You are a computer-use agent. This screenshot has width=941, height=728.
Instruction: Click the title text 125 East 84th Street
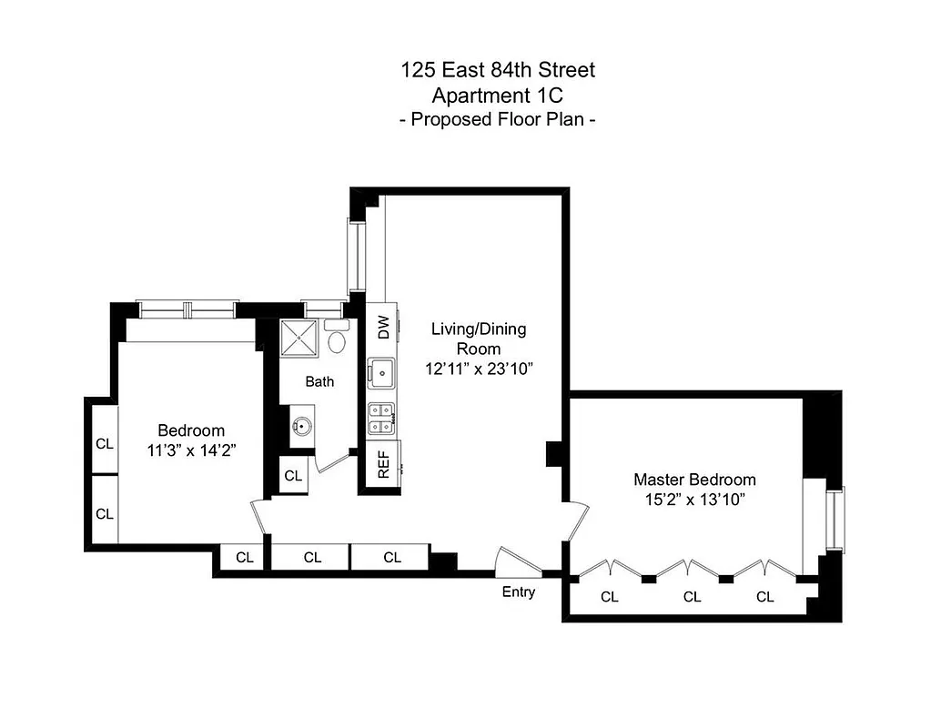pyautogui.click(x=498, y=69)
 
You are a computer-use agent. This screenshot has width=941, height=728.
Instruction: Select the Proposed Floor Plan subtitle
pyautogui.click(x=498, y=119)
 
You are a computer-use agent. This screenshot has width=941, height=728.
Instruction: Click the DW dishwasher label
pyautogui.click(x=383, y=326)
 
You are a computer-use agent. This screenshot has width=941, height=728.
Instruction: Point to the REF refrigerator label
pyautogui.click(x=384, y=465)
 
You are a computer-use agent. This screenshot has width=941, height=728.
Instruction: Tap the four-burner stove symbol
pyautogui.click(x=381, y=419)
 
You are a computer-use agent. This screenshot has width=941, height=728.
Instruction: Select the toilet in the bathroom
pyautogui.click(x=337, y=340)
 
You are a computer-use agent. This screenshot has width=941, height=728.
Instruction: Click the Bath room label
pyautogui.click(x=319, y=382)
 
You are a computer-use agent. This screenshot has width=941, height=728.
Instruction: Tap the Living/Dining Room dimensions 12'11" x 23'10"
pyautogui.click(x=478, y=369)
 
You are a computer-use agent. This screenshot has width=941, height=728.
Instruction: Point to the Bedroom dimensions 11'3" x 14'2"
pyautogui.click(x=191, y=450)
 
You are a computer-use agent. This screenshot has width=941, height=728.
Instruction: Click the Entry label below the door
pyautogui.click(x=519, y=592)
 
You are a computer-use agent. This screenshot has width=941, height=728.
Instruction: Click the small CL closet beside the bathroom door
pyautogui.click(x=292, y=475)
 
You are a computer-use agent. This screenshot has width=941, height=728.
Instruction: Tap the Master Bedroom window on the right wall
pyautogui.click(x=834, y=519)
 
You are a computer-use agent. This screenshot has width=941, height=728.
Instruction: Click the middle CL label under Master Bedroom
pyautogui.click(x=692, y=598)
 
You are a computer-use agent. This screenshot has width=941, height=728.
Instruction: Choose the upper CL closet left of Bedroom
pyautogui.click(x=105, y=444)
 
